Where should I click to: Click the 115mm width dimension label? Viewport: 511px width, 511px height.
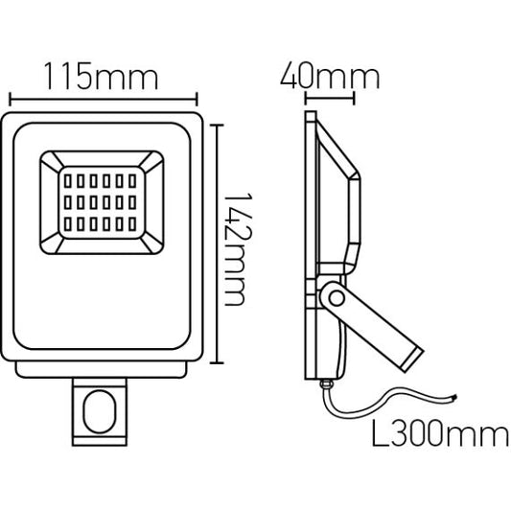pos(101,77)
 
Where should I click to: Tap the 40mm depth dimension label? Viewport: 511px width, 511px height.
pos(330,77)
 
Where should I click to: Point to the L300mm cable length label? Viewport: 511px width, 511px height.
pos(440,432)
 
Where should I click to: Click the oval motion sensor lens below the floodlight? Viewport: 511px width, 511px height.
pos(100,411)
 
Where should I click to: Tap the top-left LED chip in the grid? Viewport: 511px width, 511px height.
pos(68,181)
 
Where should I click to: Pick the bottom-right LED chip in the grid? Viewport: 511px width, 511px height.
pos(132,224)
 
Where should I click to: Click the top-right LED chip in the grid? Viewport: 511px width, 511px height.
pos(132,181)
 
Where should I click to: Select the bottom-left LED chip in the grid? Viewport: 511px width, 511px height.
pos(68,224)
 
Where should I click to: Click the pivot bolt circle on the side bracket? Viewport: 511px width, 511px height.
pos(337,298)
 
